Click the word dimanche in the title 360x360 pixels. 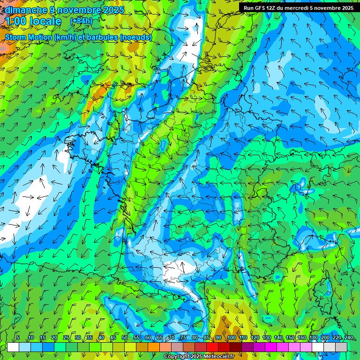coord(26,10)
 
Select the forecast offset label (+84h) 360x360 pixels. coord(81,21)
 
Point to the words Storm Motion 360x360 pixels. coord(30,37)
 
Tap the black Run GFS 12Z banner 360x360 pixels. coord(299,8)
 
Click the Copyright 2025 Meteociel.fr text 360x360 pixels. coord(199,357)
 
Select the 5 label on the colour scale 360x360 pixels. coord(18,338)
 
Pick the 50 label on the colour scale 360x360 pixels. coord(125,338)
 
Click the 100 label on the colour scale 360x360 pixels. coord(231,338)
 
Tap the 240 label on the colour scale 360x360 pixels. coord(349,338)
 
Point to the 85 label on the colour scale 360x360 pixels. coord(207,338)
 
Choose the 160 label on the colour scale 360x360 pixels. coord(302,338)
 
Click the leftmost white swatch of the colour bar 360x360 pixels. coord(13,347)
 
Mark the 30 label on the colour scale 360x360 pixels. coord(78,338)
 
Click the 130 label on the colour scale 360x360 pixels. coord(267,338)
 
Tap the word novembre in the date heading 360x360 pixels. coord(76,10)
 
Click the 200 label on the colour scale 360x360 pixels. coord(325,338)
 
